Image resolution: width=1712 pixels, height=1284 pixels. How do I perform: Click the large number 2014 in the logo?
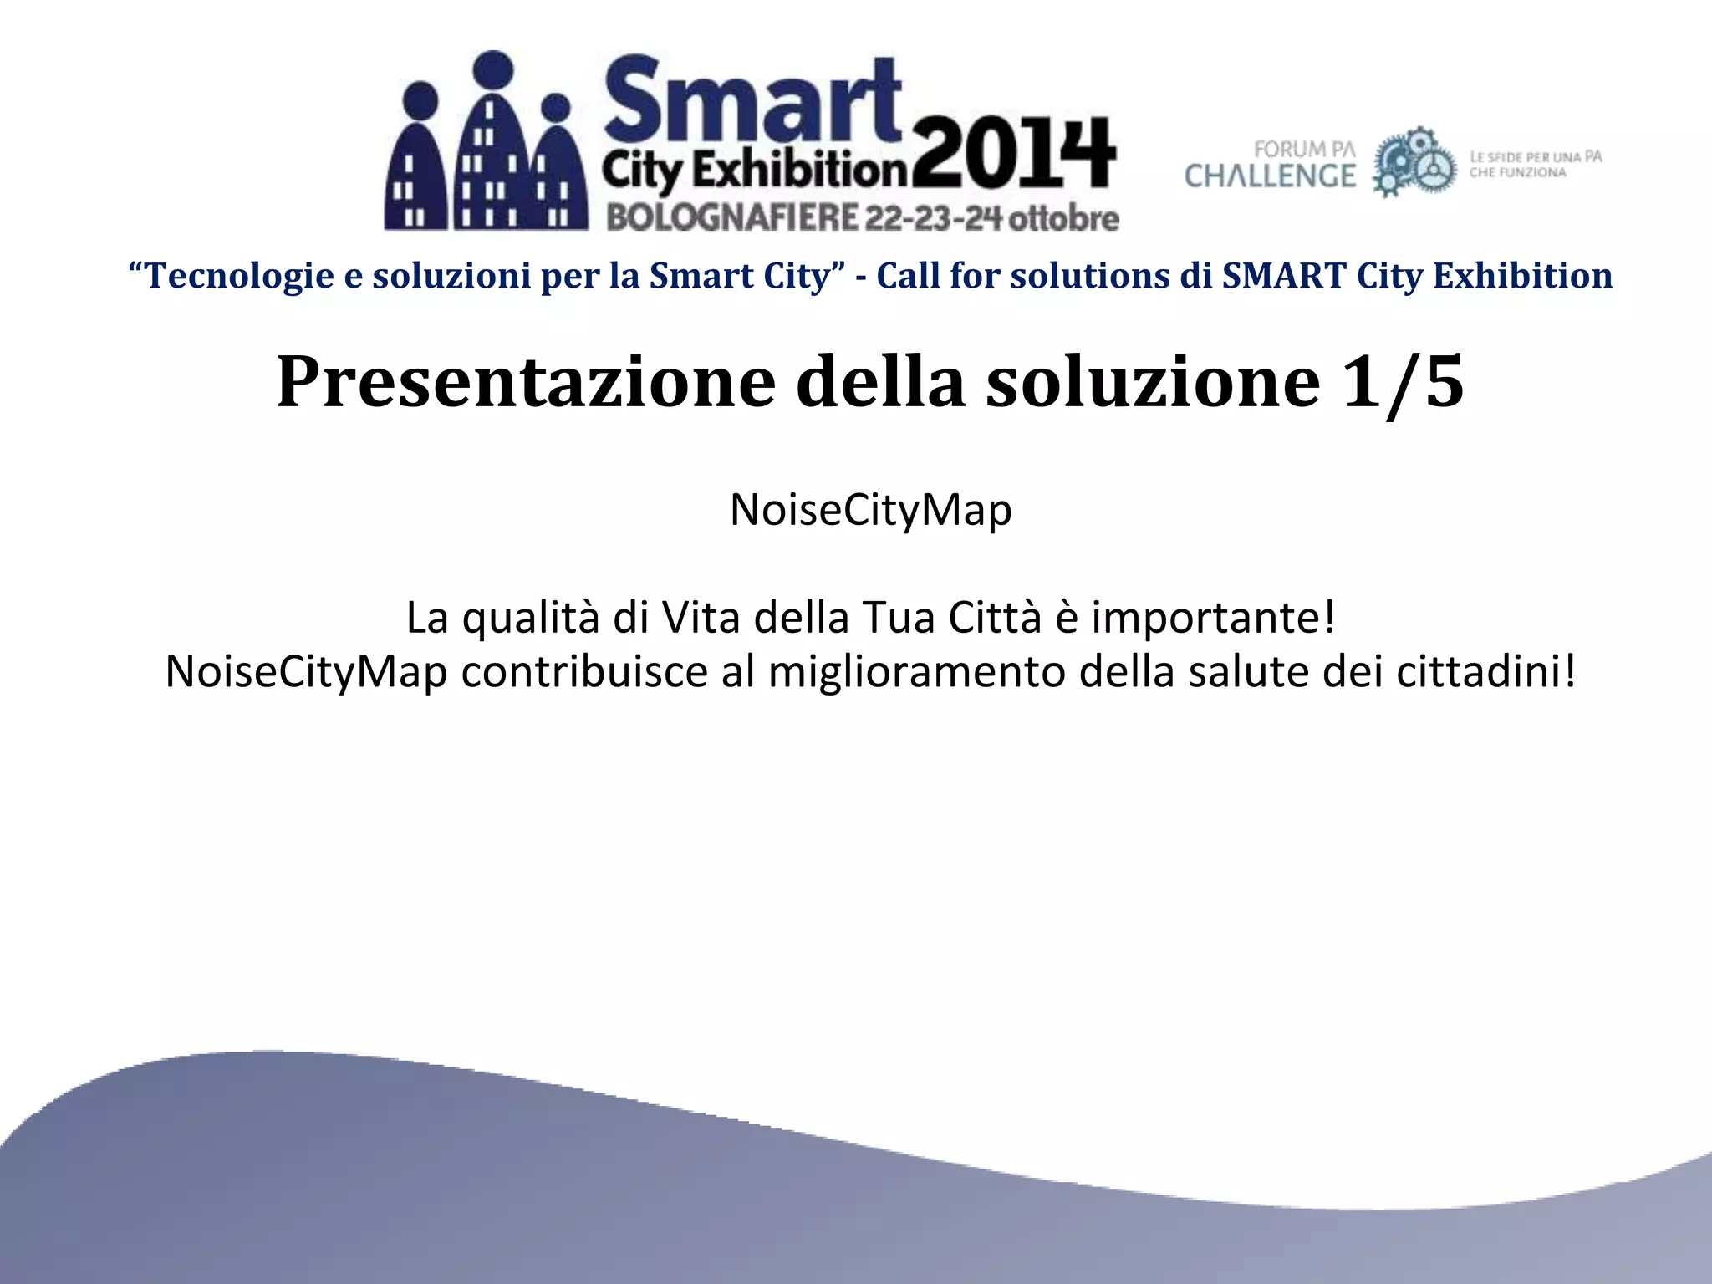click(1013, 155)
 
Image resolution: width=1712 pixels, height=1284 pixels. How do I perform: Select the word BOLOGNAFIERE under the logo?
click(732, 217)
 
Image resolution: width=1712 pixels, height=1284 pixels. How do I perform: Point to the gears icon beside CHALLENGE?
click(1414, 162)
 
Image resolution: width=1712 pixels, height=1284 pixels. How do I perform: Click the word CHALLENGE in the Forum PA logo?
click(1270, 176)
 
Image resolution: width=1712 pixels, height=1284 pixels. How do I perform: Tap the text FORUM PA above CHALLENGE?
click(1304, 150)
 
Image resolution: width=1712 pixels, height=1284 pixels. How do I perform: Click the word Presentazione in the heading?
click(526, 381)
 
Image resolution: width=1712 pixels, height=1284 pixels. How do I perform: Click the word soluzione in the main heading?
click(1154, 381)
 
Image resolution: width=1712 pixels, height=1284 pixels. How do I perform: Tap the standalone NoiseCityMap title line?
click(870, 509)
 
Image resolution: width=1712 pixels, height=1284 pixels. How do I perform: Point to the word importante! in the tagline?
click(1213, 618)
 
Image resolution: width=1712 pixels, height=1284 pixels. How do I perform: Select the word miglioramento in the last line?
click(916, 671)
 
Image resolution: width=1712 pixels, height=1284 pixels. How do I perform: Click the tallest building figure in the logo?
click(493, 142)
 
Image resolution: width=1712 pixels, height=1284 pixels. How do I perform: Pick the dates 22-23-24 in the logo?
click(933, 217)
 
